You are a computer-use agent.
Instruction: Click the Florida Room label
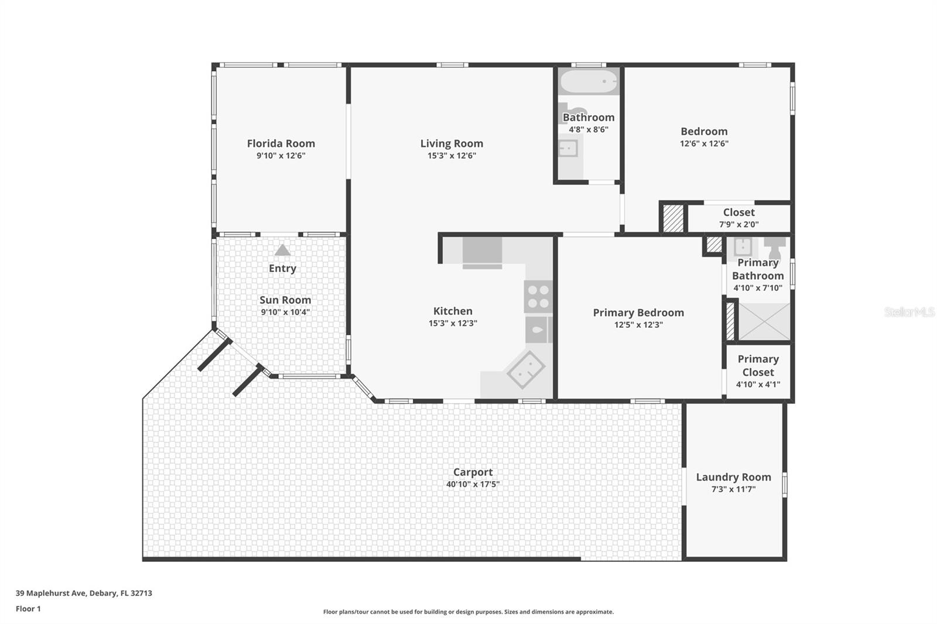(x=281, y=143)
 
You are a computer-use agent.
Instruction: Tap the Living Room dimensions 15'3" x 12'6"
(x=452, y=156)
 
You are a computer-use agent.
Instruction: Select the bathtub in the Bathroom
(x=588, y=81)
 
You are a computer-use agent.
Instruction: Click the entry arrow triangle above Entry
(x=282, y=251)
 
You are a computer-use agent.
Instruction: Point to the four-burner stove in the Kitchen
(x=538, y=296)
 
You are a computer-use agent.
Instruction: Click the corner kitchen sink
(x=526, y=369)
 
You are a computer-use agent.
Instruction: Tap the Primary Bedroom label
(x=638, y=313)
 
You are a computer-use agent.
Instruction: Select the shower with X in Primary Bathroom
(x=764, y=321)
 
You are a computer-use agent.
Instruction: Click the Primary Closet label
(x=758, y=365)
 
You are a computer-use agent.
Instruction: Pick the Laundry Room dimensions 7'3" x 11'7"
(x=733, y=489)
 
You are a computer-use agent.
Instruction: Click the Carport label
(x=473, y=472)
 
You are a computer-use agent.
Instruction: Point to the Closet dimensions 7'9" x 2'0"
(x=738, y=224)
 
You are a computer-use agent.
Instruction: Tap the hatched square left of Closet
(x=673, y=218)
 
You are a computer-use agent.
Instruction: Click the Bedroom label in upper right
(x=704, y=132)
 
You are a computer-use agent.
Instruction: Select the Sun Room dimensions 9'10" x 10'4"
(x=285, y=312)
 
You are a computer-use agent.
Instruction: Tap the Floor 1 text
(x=28, y=609)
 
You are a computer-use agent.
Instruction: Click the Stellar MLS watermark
(x=909, y=312)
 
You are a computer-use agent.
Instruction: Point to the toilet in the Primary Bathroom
(x=774, y=248)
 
